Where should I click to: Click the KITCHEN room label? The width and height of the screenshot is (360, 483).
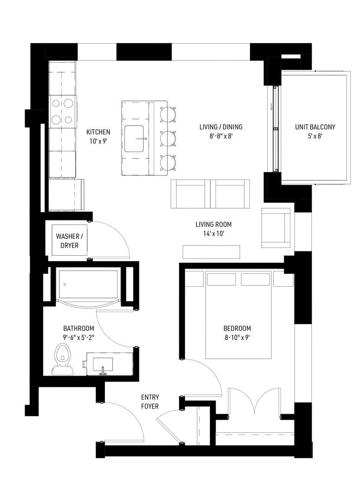click(x=98, y=132)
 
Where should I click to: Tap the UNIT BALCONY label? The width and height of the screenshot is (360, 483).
click(x=315, y=127)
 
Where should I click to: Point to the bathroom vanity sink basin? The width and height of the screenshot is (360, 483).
click(x=103, y=364)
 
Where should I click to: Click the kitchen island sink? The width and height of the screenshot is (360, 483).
click(x=134, y=139)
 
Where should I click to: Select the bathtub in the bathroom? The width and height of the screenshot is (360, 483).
click(x=88, y=285)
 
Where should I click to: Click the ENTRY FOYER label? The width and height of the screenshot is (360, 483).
click(x=150, y=402)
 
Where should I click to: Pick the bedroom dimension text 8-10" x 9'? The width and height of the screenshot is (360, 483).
click(x=237, y=337)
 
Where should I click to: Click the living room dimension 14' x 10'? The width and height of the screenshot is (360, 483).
click(x=214, y=234)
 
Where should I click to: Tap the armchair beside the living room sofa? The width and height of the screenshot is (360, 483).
click(x=276, y=228)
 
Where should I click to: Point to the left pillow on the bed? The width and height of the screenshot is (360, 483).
click(x=222, y=279)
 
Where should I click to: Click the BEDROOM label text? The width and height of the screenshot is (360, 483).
click(x=237, y=328)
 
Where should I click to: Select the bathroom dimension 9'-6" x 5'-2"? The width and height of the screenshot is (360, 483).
click(x=79, y=337)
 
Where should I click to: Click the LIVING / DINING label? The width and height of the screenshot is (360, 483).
click(x=221, y=127)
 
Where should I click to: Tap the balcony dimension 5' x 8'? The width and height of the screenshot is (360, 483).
click(x=315, y=136)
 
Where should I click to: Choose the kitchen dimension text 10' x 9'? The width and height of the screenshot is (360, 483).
click(x=98, y=141)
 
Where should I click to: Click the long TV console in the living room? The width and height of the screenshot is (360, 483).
click(x=211, y=252)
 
